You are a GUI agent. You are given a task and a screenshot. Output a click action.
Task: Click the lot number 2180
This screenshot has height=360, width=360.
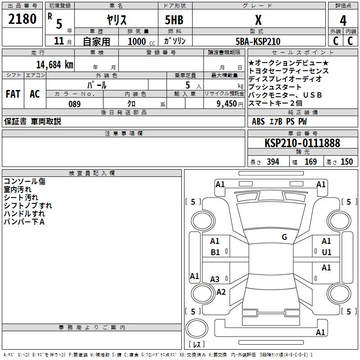pyautogui.click(x=22, y=19)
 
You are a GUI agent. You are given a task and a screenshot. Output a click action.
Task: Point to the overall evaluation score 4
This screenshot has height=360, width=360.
pyautogui.click(x=343, y=20)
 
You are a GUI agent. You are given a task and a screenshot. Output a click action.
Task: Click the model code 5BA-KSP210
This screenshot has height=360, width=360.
pyautogui.click(x=258, y=41)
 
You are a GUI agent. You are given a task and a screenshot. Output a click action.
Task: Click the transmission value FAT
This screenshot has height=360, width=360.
pyautogui.click(x=13, y=94)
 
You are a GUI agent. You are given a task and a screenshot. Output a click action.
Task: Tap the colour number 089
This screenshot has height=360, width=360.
pyautogui.click(x=74, y=104)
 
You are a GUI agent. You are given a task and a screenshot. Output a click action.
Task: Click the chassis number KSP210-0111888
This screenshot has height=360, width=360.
pyautogui.click(x=302, y=143)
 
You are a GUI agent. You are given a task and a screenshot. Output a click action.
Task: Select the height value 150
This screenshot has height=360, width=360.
pyautogui.click(x=346, y=162)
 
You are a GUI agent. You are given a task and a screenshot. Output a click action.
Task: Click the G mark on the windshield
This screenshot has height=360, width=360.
pyautogui.click(x=284, y=237)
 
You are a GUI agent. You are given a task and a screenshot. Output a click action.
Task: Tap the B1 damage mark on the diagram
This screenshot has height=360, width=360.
pyautogui.click(x=216, y=252)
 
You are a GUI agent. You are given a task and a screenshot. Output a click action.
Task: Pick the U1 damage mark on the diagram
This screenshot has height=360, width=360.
pyautogui.click(x=327, y=252)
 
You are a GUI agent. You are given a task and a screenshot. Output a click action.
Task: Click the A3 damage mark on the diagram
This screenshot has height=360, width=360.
pyautogui.click(x=215, y=279)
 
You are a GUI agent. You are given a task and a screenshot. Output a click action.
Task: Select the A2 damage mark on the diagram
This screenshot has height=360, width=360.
pyautogui.click(x=221, y=292)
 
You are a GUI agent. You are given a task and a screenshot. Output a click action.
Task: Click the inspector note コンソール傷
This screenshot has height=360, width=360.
pyautogui.click(x=25, y=181)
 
